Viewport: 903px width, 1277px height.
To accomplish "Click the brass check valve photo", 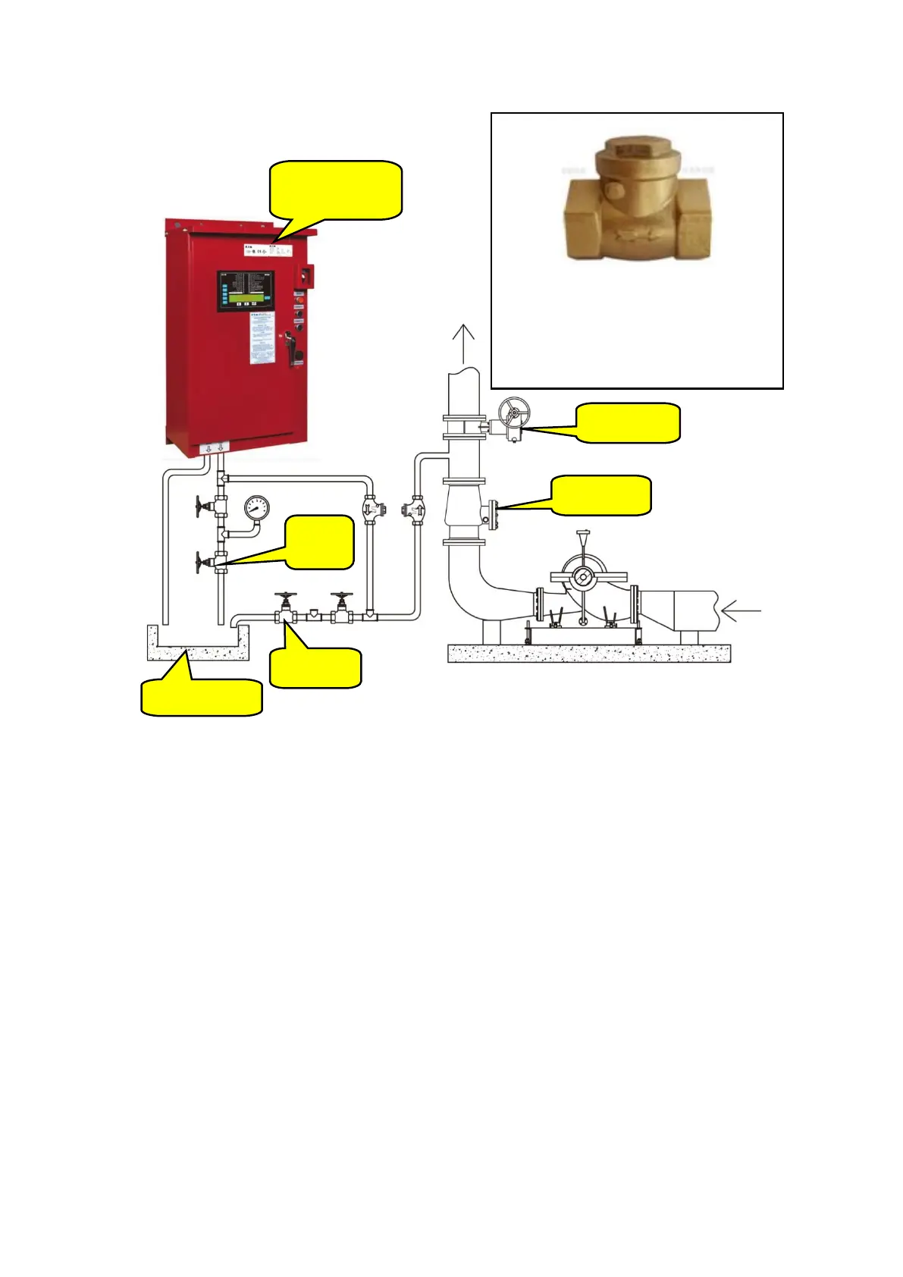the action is (638, 200).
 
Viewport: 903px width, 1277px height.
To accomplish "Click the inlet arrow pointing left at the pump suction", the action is (740, 610).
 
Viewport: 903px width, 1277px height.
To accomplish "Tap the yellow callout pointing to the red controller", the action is (336, 190).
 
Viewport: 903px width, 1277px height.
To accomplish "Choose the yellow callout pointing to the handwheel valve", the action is (628, 423).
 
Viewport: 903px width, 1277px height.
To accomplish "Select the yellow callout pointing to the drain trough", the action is (202, 697).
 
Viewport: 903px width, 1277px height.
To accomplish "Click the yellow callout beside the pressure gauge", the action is (320, 541).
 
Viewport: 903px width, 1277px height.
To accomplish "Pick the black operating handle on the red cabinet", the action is (289, 347).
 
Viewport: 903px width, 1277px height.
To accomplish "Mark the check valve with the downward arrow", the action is (370, 509).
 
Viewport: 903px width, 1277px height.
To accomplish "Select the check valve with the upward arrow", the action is (416, 509).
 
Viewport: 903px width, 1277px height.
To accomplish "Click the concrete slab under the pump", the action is (589, 653).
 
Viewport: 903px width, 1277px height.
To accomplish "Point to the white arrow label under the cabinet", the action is (214, 449).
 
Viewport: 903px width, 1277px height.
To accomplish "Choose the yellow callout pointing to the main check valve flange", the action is (600, 495).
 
